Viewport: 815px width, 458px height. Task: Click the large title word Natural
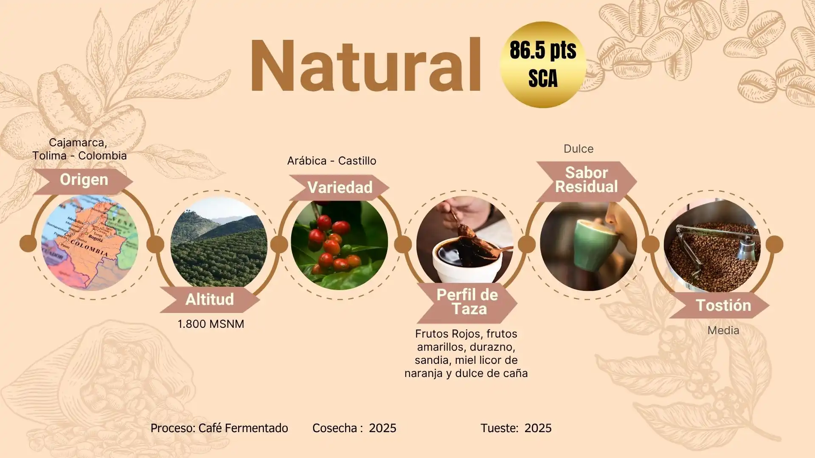tap(365, 66)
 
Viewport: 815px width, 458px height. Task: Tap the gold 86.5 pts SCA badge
tap(543, 65)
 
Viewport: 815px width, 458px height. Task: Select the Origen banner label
tap(83, 180)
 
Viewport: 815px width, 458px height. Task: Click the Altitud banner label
tap(210, 299)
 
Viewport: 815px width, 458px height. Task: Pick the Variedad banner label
tap(340, 187)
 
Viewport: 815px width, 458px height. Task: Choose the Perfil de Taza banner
tap(467, 302)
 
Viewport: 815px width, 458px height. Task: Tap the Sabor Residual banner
tap(587, 180)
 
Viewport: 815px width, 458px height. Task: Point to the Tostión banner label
tap(723, 305)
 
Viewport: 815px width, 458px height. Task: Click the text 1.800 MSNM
tap(211, 324)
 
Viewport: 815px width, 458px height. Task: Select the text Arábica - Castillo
tap(332, 161)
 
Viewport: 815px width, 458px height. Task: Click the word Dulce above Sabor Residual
tap(579, 149)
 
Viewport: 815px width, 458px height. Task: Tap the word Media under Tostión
tap(723, 330)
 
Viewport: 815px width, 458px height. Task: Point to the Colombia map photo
tap(90, 243)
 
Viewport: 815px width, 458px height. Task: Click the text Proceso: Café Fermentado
tap(219, 428)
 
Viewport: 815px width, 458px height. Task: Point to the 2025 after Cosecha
tap(382, 428)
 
